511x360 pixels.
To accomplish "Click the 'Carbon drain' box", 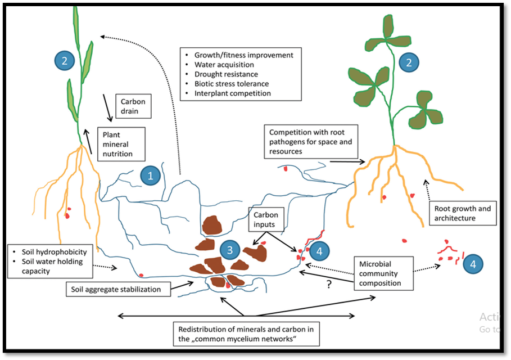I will click(133, 107).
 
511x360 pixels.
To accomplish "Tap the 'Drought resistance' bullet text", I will click(226, 74).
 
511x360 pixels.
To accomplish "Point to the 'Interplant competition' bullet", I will click(232, 93).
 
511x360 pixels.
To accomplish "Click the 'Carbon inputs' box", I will click(266, 219).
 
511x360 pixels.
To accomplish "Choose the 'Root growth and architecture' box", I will click(463, 213).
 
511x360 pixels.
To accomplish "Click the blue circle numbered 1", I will click(150, 175).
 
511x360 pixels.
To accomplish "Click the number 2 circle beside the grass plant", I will click(64, 61).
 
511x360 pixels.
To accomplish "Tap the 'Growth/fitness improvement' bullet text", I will click(243, 55).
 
